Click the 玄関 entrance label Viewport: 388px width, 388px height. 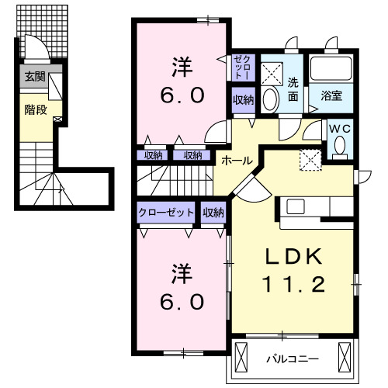pos(34,76)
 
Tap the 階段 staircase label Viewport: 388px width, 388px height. pos(34,109)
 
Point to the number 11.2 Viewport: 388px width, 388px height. pos(296,284)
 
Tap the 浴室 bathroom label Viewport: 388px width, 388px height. pos(332,97)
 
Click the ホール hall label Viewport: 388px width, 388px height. pos(236,161)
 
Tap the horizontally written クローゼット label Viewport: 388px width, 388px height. pos(167,212)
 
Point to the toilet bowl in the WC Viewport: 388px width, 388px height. pos(338,146)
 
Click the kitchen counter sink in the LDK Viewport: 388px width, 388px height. pos(297,206)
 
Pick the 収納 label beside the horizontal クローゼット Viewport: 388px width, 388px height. pos(213,212)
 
